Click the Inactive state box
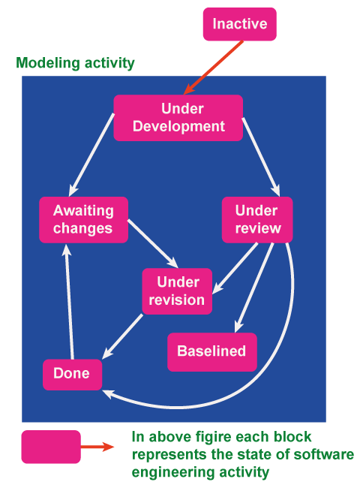click(239, 24)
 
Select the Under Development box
click(178, 117)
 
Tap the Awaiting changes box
click(82, 219)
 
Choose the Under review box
click(256, 219)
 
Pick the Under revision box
click(176, 291)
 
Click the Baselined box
click(211, 351)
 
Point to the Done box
click(71, 374)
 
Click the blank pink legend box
click(50, 447)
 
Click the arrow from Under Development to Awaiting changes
click(92, 154)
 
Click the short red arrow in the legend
click(97, 447)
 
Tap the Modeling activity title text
click(75, 63)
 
